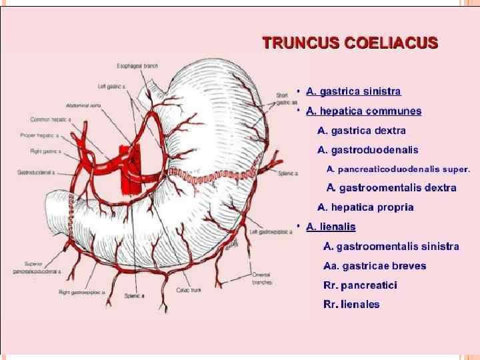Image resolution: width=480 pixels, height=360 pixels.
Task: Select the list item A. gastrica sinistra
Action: tap(353, 91)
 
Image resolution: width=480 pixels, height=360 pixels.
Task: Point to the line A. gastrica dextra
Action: tap(361, 131)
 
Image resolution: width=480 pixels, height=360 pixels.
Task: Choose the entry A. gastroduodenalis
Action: tap(368, 150)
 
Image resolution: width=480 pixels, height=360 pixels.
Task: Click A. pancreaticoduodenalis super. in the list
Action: tap(399, 169)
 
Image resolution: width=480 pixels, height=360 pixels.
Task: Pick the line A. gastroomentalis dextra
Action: tap(391, 188)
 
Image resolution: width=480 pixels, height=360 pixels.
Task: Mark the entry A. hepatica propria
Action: tap(365, 207)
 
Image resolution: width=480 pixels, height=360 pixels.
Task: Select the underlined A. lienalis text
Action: tap(331, 227)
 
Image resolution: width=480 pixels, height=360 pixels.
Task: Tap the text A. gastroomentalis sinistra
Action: tap(391, 247)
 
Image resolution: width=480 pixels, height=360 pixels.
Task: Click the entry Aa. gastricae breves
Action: tap(375, 266)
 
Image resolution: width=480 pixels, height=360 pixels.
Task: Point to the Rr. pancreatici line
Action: tap(360, 285)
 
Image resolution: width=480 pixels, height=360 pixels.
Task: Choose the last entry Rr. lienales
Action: tap(351, 305)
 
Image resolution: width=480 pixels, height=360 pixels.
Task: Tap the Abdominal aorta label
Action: tap(83, 106)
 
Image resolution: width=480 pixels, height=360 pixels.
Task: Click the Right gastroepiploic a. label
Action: tap(83, 292)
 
